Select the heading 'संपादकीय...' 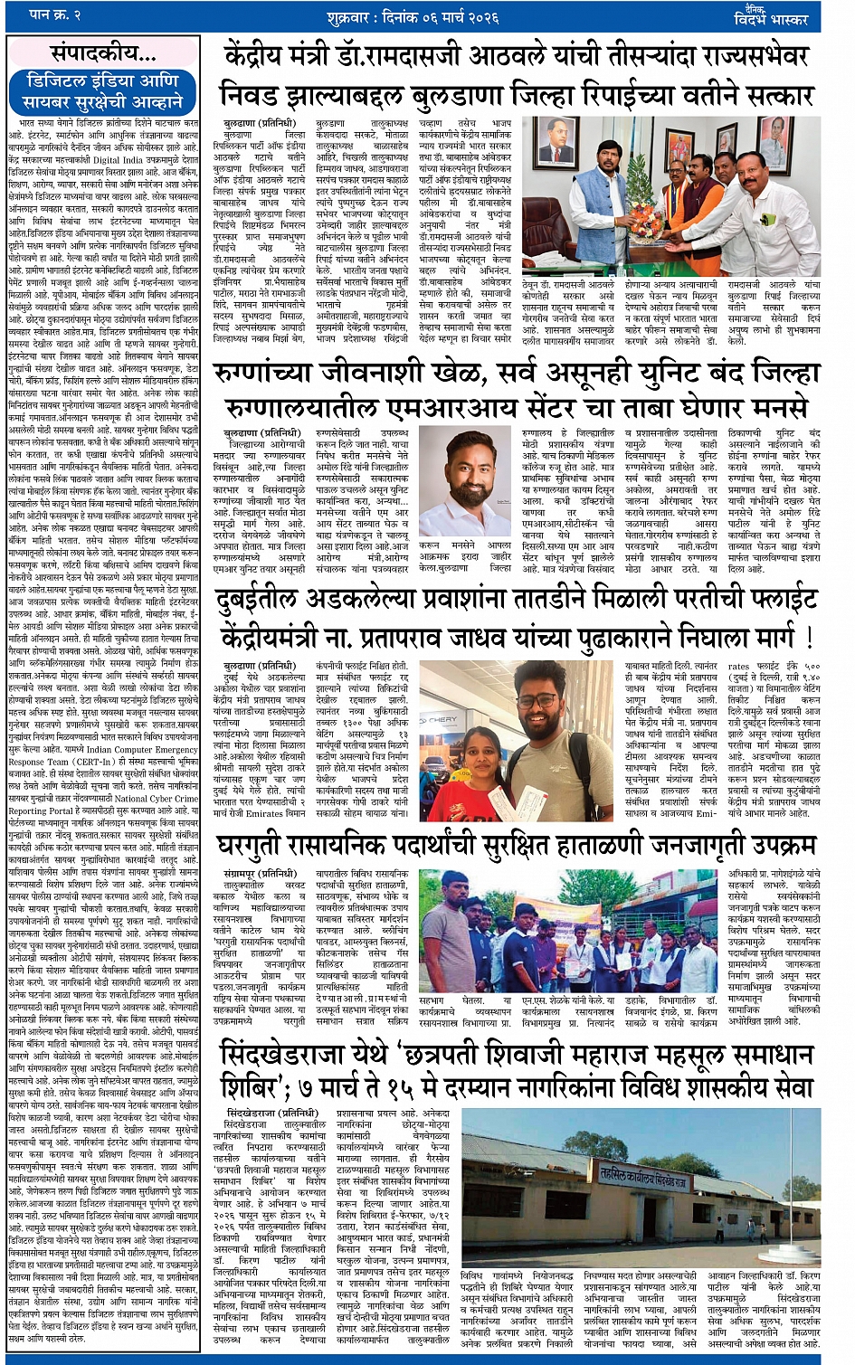(102, 53)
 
